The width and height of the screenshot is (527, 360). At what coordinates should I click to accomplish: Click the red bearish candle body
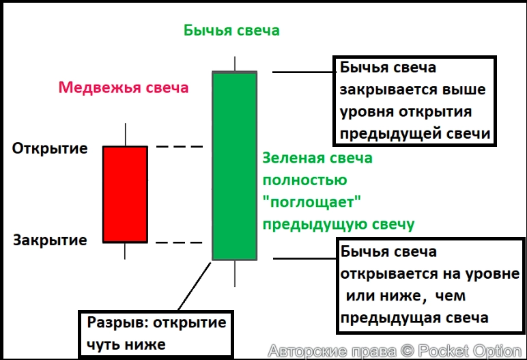click(125, 194)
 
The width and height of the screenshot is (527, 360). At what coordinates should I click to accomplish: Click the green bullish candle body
click(235, 166)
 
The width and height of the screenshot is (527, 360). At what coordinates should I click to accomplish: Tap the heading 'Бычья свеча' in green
click(231, 31)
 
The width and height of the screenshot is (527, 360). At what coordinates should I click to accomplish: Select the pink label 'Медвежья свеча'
click(123, 87)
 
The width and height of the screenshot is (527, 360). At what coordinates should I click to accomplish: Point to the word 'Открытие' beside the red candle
click(50, 148)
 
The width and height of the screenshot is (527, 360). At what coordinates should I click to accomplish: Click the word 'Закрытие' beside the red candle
click(50, 240)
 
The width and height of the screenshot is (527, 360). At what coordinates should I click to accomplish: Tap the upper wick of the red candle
click(125, 135)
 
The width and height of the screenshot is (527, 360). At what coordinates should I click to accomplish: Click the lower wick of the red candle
click(125, 251)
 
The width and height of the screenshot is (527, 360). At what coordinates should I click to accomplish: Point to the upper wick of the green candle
click(235, 63)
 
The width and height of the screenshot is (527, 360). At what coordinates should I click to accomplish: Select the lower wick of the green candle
click(235, 273)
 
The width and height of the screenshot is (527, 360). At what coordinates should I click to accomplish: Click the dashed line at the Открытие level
click(180, 147)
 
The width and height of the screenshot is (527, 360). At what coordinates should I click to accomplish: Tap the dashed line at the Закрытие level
click(180, 243)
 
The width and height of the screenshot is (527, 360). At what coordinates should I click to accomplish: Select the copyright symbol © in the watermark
click(407, 351)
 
